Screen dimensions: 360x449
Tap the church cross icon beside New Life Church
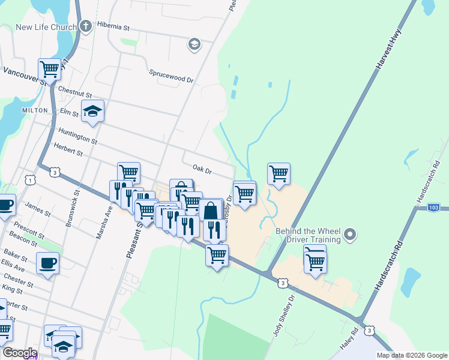tap(86, 26)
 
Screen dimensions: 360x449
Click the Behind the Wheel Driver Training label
tap(309, 235)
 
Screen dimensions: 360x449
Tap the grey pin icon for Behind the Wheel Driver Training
tap(352, 233)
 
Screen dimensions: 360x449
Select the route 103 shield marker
tap(435, 207)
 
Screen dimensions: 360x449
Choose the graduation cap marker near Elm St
tap(93, 111)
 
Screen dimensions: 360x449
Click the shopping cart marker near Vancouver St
tap(49, 68)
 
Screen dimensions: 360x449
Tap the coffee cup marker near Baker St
tap(47, 262)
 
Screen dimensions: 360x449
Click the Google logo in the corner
tap(20, 353)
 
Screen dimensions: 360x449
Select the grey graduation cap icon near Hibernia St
tap(194, 44)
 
